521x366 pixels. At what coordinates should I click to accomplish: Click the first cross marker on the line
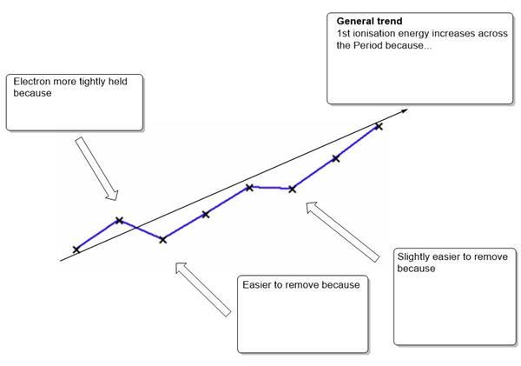tap(76, 250)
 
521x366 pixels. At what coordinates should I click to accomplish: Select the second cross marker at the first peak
tap(119, 220)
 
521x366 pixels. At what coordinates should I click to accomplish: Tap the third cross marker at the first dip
tap(162, 239)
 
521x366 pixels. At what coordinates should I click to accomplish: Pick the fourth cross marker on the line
tap(206, 214)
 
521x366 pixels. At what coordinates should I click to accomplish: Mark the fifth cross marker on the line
tap(249, 187)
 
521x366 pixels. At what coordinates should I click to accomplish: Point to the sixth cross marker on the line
tap(292, 189)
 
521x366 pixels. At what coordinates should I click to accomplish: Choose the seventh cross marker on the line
tap(335, 158)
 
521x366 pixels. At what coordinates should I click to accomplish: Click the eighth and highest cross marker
tap(378, 127)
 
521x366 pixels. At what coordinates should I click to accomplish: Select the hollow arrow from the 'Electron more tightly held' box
tap(96, 168)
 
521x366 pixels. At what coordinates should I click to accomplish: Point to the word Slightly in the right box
tap(414, 257)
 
